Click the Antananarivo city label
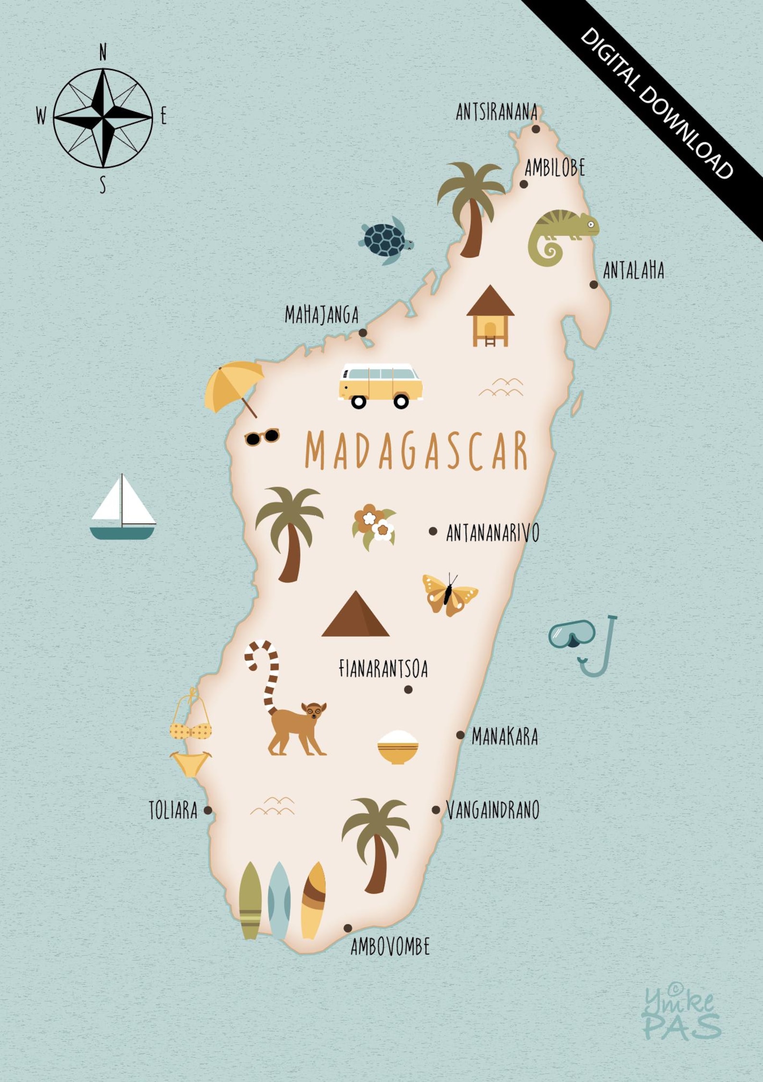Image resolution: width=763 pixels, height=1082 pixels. pos(492,533)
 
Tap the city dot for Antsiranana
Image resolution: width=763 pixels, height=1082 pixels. pos(536,129)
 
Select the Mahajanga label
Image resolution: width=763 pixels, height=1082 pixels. pos(321,315)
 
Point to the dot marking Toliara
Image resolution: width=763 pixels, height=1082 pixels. pos(208,810)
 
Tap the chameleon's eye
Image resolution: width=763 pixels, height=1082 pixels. pos(591,223)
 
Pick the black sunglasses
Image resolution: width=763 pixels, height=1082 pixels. pos(262,437)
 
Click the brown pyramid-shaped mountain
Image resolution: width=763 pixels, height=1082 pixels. pos(356,616)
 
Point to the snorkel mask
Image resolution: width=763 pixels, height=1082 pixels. pos(572,634)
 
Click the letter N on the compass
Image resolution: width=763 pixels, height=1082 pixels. pos(103,52)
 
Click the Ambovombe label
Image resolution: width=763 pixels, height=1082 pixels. pos(390,947)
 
